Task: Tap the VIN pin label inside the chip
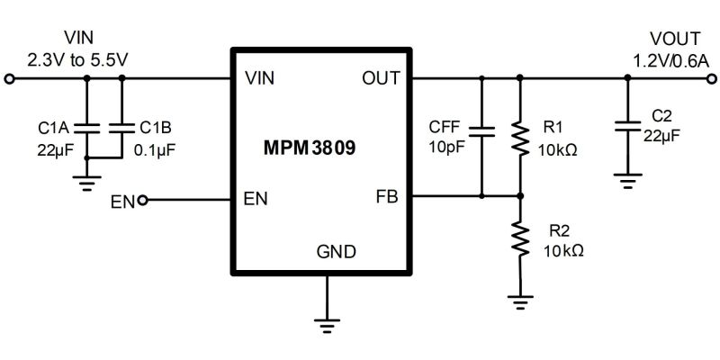tap(259, 78)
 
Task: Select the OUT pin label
tap(382, 78)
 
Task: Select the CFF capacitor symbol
tap(482, 132)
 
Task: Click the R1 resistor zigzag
tap(519, 137)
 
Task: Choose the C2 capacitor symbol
tap(628, 127)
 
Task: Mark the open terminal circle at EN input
tap(141, 200)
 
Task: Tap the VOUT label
tap(673, 39)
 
